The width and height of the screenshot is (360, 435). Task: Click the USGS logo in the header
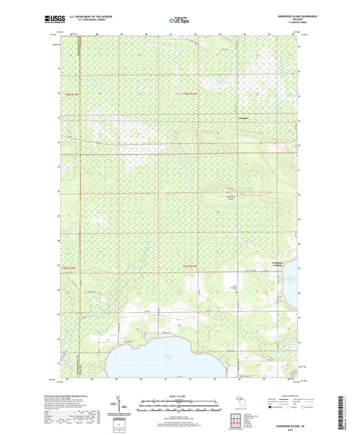pyautogui.click(x=49, y=21)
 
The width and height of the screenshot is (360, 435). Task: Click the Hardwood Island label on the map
pyautogui.click(x=230, y=197)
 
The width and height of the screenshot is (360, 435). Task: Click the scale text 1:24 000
pyautogui.click(x=179, y=395)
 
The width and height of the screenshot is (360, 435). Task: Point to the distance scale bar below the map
pyautogui.click(x=179, y=405)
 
